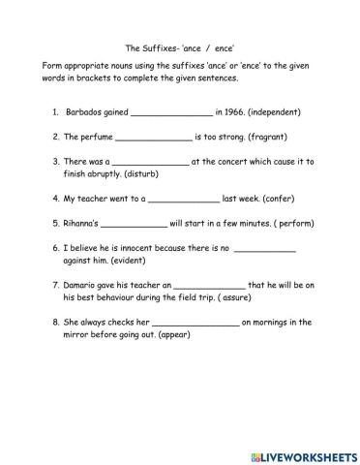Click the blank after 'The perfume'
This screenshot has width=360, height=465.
click(x=154, y=139)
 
